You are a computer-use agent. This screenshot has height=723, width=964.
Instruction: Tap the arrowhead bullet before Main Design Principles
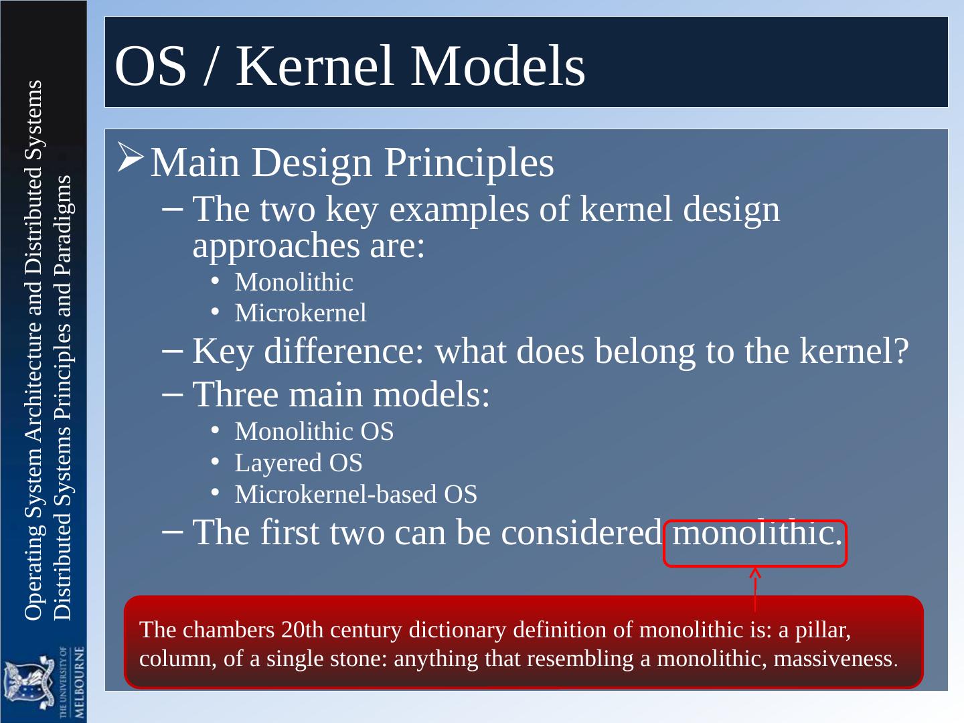click(131, 157)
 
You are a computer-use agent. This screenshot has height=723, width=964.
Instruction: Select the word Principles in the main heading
click(469, 163)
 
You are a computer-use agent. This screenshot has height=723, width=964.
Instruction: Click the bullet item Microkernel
click(301, 313)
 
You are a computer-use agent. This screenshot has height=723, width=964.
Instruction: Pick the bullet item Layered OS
click(299, 463)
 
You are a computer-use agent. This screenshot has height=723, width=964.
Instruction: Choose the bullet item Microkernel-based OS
click(355, 495)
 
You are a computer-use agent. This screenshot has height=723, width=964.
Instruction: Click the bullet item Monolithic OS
click(314, 432)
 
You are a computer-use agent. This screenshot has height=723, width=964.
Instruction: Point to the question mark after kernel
click(901, 351)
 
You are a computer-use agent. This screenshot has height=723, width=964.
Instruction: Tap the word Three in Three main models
click(235, 395)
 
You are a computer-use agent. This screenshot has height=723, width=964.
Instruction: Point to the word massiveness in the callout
click(833, 659)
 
